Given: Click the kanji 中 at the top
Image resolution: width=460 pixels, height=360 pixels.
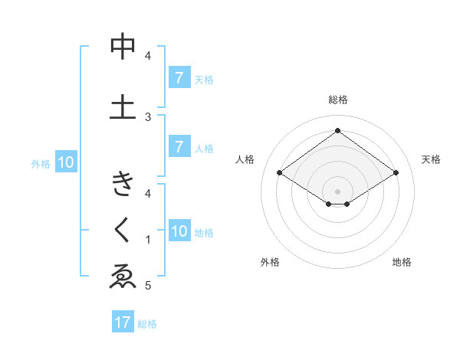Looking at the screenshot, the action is pos(123,48).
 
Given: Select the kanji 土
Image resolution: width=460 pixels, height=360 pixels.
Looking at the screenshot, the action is pos(123,106).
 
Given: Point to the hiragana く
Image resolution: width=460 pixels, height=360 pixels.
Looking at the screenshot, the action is pos(123,231).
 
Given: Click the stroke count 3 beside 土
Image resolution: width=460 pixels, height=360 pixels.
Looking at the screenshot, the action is pos(149,116).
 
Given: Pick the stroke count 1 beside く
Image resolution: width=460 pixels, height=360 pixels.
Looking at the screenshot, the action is pos(148,240).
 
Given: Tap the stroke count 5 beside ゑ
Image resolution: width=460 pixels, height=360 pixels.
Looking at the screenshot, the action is pos(148,286).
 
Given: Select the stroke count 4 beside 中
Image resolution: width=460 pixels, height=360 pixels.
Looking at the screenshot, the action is pos(148,55).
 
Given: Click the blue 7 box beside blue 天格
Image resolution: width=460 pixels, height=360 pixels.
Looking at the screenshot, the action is pos(179,78).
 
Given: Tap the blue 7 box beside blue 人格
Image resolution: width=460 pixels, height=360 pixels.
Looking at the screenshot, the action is pos(179,147).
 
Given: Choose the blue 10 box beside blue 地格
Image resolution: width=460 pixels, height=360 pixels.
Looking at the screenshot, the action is pos(179,231).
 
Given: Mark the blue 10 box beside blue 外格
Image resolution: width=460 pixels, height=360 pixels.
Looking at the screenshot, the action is pos(66,162).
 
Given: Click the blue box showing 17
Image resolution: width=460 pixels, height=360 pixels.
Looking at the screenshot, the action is pos(123,322).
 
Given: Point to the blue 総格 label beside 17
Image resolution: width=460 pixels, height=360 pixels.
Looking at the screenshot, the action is pos(147,324).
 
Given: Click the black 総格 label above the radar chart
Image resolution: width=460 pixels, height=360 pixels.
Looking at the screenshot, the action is pos(337,100).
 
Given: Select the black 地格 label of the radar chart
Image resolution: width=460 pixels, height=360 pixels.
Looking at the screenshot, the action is pos(402,262).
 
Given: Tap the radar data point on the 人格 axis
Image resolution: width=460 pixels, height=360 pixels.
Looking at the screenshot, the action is pos(280,173).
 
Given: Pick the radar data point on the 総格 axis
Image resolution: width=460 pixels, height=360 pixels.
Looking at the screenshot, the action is pos(337,131).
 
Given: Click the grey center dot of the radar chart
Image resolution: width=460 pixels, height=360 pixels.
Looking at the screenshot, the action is pos(337,191).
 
